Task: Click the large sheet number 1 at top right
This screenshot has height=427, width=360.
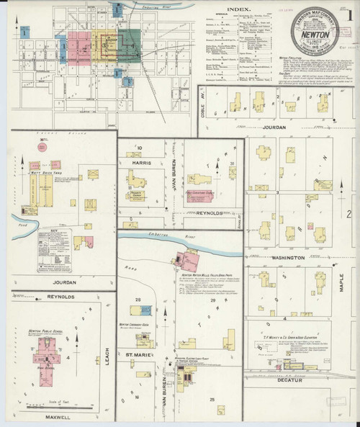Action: pyautogui.click(x=348, y=15)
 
